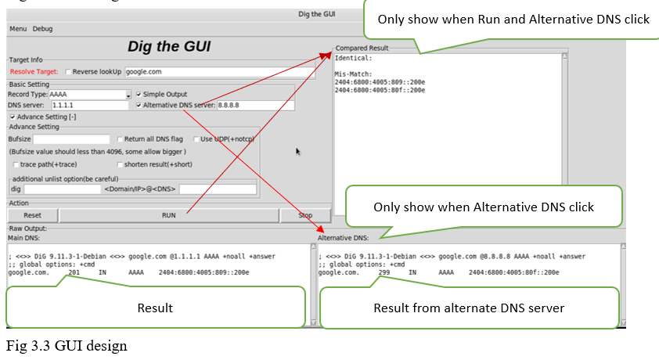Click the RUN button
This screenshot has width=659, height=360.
pos(168,214)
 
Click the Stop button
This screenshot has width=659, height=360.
pos(305,214)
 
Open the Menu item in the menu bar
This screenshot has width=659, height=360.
pos(17,29)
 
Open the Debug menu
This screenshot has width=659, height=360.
pos(42,29)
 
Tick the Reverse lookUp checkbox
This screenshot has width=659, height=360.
pos(69,71)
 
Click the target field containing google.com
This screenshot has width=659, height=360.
pos(219,71)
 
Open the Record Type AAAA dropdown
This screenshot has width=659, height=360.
pos(128,95)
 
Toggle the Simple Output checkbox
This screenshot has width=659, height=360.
pos(139,94)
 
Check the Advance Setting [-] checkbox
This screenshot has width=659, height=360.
pos(13,117)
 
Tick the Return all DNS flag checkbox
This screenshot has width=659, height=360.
pos(120,139)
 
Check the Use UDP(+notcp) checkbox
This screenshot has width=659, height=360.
pos(196,139)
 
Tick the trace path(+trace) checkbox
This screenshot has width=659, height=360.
pos(16,164)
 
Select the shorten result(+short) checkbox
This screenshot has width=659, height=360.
pos(120,164)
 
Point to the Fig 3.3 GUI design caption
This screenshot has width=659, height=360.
pos(67,345)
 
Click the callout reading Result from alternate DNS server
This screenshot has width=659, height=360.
pos(469,307)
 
